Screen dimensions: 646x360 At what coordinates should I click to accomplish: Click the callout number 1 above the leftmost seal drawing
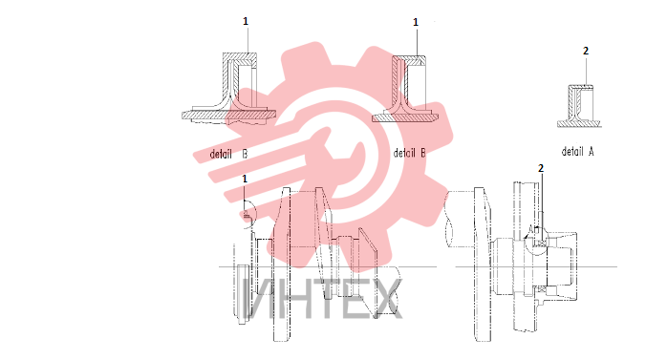point(246,21)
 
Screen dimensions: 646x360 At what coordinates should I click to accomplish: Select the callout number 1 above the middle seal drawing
point(416,22)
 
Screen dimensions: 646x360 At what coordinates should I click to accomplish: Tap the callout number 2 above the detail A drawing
point(586,51)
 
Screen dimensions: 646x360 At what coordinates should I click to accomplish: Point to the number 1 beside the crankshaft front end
point(245,179)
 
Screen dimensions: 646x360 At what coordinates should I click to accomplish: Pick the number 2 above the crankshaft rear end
point(541,168)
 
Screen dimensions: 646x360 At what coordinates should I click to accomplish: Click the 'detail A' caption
point(578,151)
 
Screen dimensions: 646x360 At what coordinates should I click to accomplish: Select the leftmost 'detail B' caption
point(228,154)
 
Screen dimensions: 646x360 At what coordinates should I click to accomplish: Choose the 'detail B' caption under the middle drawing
point(410,153)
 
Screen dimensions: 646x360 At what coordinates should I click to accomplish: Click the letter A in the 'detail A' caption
point(591,151)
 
